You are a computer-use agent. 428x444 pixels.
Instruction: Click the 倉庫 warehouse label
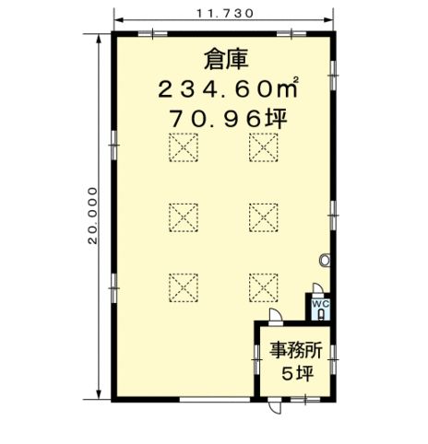coord(226,60)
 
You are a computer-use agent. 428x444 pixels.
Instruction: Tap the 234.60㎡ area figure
coord(228,88)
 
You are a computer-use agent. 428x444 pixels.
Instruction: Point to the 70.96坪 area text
coord(229,119)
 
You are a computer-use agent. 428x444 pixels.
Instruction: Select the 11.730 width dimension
coord(225,13)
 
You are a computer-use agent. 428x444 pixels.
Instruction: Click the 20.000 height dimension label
coord(92,216)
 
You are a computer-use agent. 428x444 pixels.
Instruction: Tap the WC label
coord(321,304)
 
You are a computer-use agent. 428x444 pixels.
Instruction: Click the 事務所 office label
coord(296,351)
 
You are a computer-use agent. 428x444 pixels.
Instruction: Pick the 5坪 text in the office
coord(298,374)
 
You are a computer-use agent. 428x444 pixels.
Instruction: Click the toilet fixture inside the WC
coord(321,315)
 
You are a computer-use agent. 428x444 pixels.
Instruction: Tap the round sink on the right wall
coord(325,260)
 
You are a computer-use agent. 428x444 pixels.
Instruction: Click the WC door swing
coord(318,288)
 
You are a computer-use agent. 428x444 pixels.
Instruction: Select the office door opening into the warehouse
coord(276,316)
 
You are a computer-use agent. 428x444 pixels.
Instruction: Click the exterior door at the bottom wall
coord(275,406)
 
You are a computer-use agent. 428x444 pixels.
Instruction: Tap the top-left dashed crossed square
coord(184,147)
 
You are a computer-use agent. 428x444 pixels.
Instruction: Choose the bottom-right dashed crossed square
coord(264,287)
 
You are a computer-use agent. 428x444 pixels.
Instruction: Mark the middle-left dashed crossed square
coord(184,217)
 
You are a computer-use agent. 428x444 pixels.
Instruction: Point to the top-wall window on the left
coord(153,34)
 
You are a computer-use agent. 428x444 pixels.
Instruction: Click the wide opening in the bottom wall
coord(215,400)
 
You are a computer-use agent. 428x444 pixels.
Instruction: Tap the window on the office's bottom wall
coord(305,400)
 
